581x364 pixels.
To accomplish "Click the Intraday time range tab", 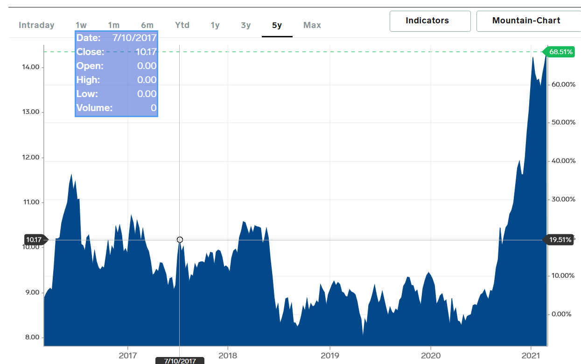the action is (x=36, y=25).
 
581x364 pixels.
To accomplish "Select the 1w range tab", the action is (x=81, y=25).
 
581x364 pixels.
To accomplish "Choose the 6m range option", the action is (x=147, y=25).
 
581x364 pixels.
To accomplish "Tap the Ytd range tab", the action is (x=182, y=25).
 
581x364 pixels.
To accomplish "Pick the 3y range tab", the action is (x=246, y=25).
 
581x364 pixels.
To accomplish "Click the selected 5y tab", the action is (x=277, y=25).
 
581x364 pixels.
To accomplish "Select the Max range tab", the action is (x=312, y=25).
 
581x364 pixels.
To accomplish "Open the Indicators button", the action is (x=430, y=21).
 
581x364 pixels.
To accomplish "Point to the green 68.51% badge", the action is (x=559, y=52).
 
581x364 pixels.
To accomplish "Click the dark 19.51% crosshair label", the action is (x=559, y=239).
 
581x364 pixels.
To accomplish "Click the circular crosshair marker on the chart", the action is (x=180, y=239).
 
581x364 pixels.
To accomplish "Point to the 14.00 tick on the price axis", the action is (x=31, y=67).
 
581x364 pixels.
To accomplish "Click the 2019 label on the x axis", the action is (x=329, y=355).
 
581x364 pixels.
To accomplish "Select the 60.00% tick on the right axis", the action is (x=563, y=84).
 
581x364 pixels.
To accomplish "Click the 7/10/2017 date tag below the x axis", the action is (x=180, y=361).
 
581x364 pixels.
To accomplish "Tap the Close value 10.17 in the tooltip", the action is (x=146, y=52).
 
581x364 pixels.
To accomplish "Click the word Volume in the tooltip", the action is (x=94, y=108).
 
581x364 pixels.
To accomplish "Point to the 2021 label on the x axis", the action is (x=531, y=355).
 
